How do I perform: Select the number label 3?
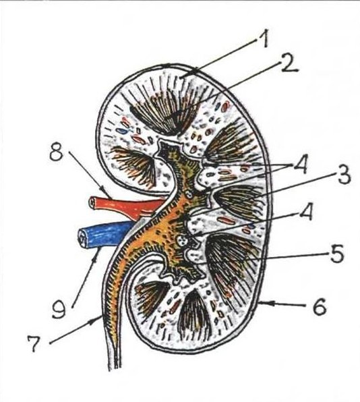[x=344, y=175]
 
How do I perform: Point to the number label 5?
[x=336, y=254]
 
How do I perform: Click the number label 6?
[x=320, y=306]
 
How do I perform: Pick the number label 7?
[x=34, y=344]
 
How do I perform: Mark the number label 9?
[x=59, y=309]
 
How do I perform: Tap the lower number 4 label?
[x=305, y=212]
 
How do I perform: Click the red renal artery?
[x=125, y=205]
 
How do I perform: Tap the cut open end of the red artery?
[x=92, y=203]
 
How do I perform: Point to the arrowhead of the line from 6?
[x=262, y=304]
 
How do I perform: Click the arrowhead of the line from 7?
[x=98, y=320]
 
